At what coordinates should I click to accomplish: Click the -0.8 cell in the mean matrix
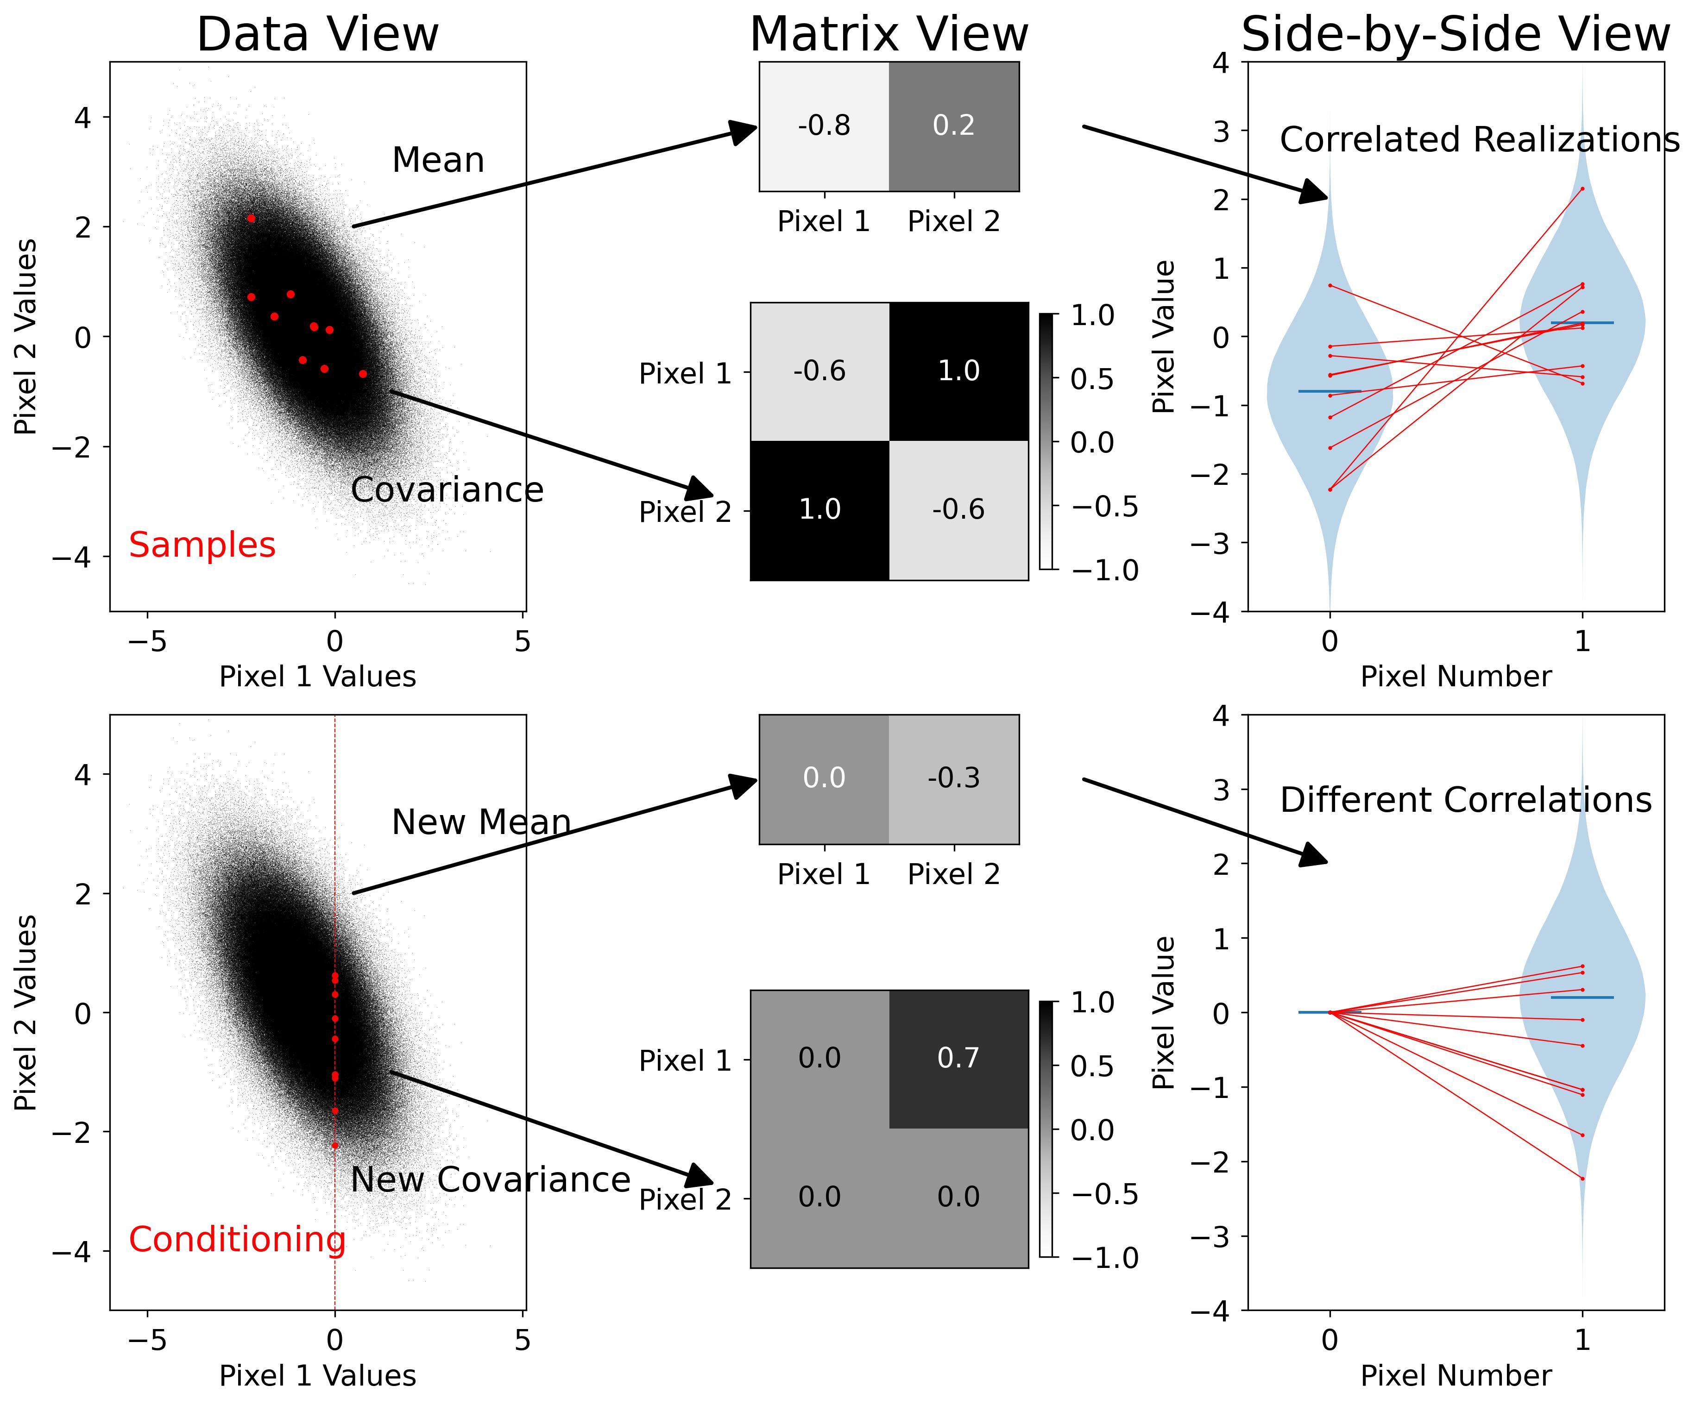click(824, 126)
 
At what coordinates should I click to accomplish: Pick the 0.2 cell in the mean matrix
click(954, 126)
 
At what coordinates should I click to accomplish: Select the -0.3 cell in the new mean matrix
click(954, 778)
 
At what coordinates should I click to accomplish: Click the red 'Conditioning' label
click(237, 1240)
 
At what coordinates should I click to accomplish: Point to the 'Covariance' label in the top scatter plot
click(447, 490)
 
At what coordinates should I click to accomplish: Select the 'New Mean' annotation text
click(481, 822)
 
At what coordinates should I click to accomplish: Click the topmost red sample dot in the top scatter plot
click(251, 218)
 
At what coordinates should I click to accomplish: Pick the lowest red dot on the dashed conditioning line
click(335, 1145)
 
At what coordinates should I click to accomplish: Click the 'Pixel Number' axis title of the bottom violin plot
click(1456, 1376)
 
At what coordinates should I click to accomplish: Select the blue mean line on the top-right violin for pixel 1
click(1582, 323)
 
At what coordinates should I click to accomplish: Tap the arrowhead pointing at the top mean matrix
click(744, 131)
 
